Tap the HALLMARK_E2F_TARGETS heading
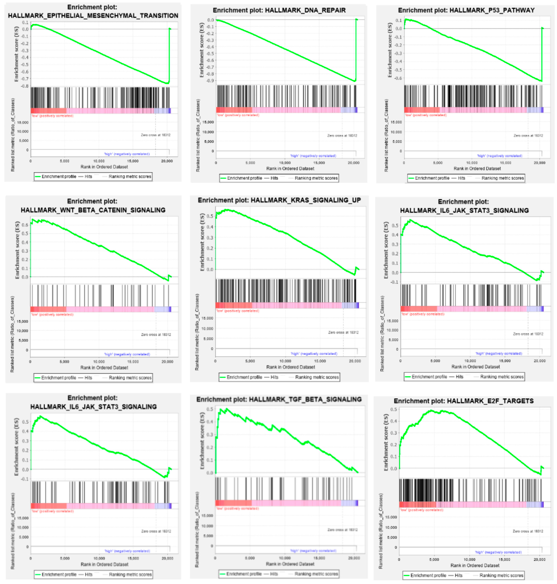click(490, 401)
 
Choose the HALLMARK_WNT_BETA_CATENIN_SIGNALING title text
click(93, 210)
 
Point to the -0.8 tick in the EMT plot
click(25, 86)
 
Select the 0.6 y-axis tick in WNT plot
click(25, 225)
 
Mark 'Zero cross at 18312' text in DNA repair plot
click(342, 135)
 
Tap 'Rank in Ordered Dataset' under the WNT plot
click(104, 367)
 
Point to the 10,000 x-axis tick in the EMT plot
click(99, 161)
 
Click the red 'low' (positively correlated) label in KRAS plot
click(238, 311)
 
